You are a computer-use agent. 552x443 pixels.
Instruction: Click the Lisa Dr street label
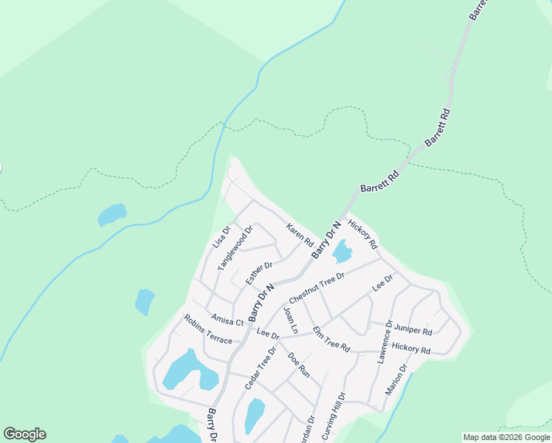coord(221,236)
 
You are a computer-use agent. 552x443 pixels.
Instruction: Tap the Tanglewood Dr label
coord(235,247)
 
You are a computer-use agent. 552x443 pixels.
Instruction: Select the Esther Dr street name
coord(259,272)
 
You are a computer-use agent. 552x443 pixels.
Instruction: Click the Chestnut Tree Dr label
coord(317,288)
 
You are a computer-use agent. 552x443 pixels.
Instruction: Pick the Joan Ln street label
coord(290,320)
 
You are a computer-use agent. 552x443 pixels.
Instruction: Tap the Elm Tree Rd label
coord(331,339)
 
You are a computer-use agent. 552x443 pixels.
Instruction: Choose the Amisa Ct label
coord(227,320)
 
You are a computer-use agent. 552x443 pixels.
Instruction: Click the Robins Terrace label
coord(207,329)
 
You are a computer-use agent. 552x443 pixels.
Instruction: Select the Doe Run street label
coord(299,365)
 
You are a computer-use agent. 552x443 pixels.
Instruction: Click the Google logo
coord(24,434)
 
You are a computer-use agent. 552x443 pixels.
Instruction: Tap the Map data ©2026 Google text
coord(506,437)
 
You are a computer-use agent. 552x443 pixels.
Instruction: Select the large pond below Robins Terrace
coord(188,370)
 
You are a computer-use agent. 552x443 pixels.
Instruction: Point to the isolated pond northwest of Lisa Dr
coord(112,215)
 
